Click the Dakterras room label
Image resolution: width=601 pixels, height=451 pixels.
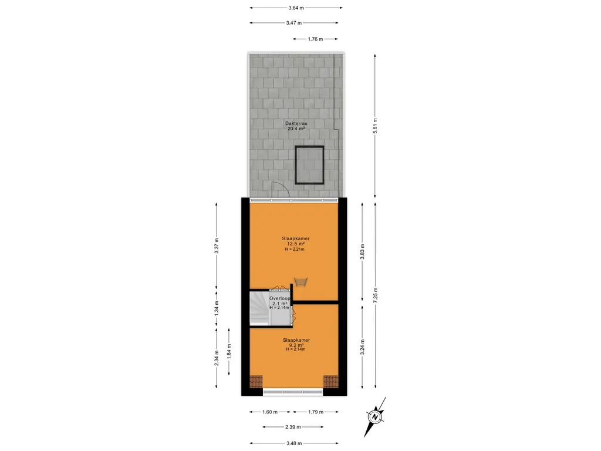(x=296, y=123)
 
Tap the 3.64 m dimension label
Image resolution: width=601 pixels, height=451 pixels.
(x=296, y=8)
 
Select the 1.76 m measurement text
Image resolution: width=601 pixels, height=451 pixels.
(x=315, y=39)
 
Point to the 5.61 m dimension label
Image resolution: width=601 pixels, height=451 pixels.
(x=375, y=126)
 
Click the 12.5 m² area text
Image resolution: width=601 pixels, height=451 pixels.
(x=296, y=244)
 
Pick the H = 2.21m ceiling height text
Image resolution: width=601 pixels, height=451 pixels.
(x=295, y=249)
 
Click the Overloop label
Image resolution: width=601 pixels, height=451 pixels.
(x=280, y=298)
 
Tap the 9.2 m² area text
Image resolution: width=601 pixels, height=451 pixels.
(x=296, y=345)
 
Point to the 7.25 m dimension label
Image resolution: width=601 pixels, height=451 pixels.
(x=375, y=295)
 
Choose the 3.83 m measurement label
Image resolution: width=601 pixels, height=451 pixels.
(x=362, y=251)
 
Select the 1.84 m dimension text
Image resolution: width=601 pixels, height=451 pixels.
(x=229, y=352)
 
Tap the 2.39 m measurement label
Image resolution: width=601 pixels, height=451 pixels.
(x=293, y=427)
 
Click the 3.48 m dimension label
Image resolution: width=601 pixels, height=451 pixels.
(x=294, y=443)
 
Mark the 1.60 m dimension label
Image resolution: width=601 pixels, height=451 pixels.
(x=270, y=412)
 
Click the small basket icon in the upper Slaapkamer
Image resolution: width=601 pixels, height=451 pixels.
(x=301, y=282)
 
